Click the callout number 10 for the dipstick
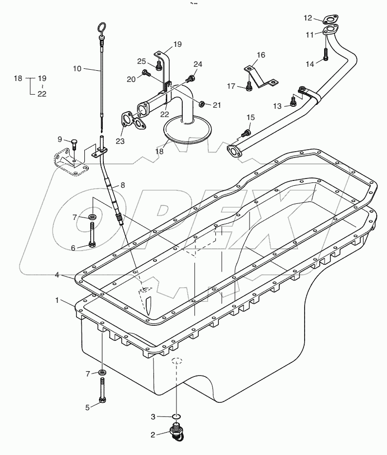click(77, 69)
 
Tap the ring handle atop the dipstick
click(101, 28)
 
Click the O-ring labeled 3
click(177, 416)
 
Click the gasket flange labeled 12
click(330, 20)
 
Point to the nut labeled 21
click(201, 103)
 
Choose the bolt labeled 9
click(74, 144)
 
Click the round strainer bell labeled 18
click(188, 130)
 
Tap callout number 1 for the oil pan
click(58, 300)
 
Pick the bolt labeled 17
click(249, 86)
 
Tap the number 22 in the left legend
click(42, 94)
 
